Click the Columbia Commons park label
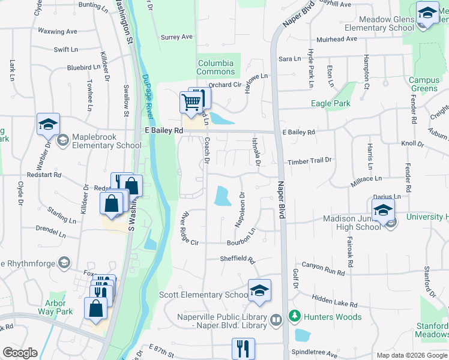[215, 67]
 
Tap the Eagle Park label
[330, 104]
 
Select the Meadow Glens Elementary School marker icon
[427, 13]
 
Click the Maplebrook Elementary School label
[107, 141]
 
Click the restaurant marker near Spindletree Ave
[243, 348]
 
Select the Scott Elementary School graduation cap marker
[259, 290]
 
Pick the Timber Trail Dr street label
[310, 160]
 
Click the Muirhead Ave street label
[336, 39]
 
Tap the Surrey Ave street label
[176, 37]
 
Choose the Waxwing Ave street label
[57, 31]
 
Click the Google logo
[20, 353]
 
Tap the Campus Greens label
[424, 84]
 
